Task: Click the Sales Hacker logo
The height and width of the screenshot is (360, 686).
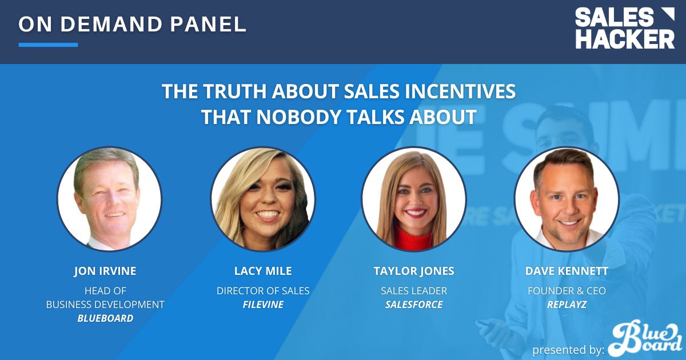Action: coord(625,29)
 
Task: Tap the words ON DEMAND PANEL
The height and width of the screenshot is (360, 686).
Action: coord(133,25)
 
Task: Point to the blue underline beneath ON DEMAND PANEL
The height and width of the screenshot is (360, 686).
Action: coord(48,45)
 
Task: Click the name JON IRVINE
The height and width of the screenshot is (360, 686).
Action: coord(105,271)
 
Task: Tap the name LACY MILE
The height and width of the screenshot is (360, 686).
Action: coord(263,271)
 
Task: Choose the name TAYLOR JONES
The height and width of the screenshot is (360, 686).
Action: coord(414,271)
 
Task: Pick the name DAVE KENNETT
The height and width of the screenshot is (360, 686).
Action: coord(567,271)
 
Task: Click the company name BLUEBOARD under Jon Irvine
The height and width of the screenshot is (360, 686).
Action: coord(105,318)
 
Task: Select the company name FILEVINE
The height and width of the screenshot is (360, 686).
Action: coord(263,305)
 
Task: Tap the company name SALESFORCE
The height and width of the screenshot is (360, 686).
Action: coord(414,305)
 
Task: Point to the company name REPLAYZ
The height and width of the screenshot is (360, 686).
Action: coord(567,305)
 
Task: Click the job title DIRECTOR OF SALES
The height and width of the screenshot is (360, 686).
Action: coord(263,291)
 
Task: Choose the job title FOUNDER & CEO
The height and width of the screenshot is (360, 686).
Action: coord(567,291)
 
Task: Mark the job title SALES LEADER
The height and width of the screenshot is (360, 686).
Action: coord(414,291)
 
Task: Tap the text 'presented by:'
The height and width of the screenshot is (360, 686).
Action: coord(568,350)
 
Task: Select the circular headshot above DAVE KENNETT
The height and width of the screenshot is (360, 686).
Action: coord(567,199)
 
